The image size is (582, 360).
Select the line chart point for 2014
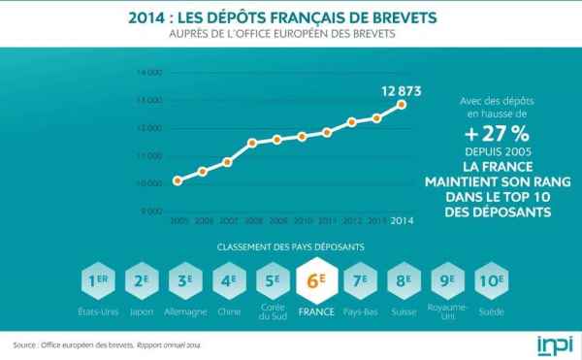402,104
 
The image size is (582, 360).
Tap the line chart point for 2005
177,180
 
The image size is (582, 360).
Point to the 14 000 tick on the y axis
149,73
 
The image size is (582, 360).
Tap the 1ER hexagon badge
97,281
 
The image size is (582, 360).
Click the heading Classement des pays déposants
291,246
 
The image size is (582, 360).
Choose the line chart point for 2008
252,143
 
